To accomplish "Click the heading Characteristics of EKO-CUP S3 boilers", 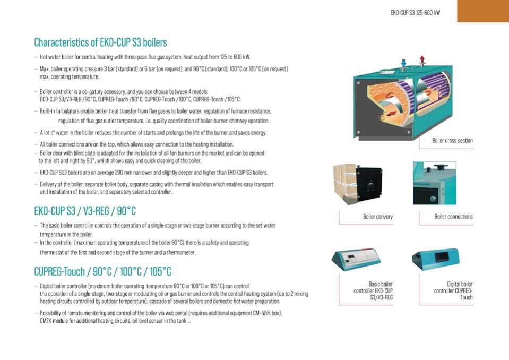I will pyautogui.click(x=100, y=42).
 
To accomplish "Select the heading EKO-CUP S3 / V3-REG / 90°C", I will pyautogui.click(x=85, y=211).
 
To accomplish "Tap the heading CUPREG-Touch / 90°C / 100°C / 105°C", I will pyautogui.click(x=102, y=272).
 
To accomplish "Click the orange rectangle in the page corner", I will pyautogui.click(x=482, y=11).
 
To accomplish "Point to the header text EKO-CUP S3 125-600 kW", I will pyautogui.click(x=415, y=12).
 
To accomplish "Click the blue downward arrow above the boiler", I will pyautogui.click(x=403, y=63).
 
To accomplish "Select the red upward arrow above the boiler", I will pyautogui.click(x=422, y=59).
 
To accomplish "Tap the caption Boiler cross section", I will pyautogui.click(x=452, y=141).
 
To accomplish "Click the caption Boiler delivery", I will pyautogui.click(x=378, y=217).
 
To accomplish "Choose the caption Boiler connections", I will pyautogui.click(x=453, y=217).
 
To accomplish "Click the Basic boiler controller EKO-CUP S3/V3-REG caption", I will pyautogui.click(x=373, y=291).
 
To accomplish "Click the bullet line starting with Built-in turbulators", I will pyautogui.click(x=155, y=111).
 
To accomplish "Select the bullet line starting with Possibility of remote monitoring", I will pyautogui.click(x=160, y=313).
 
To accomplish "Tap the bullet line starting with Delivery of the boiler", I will pyautogui.click(x=157, y=184).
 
